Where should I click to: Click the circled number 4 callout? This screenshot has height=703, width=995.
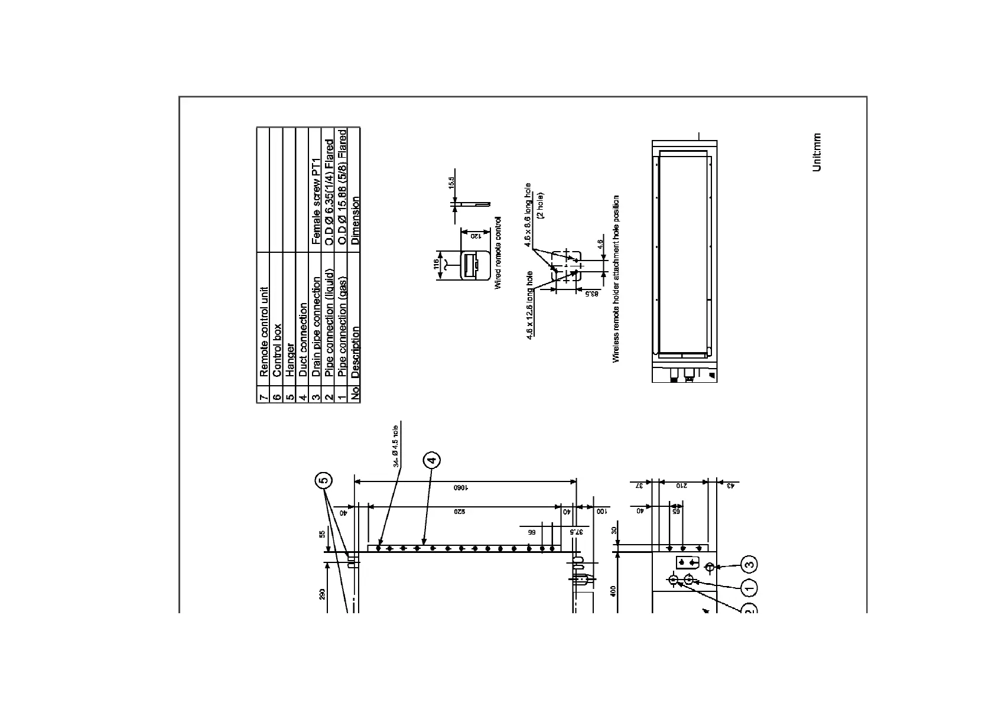pyautogui.click(x=431, y=460)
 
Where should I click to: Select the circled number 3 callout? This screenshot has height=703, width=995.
pyautogui.click(x=749, y=565)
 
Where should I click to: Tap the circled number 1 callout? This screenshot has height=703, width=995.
pyautogui.click(x=749, y=588)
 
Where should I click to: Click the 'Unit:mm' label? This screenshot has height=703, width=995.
pyautogui.click(x=817, y=152)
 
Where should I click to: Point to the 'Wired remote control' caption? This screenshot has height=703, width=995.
pyautogui.click(x=497, y=252)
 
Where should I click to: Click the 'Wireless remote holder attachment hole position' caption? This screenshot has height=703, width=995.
pyautogui.click(x=616, y=279)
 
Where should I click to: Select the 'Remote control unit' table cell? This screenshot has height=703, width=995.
pyautogui.click(x=264, y=332)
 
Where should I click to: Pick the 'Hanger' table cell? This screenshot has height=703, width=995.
pyautogui.click(x=290, y=360)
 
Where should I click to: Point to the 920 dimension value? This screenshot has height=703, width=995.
pyautogui.click(x=460, y=512)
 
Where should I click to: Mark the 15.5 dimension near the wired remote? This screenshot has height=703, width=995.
pyautogui.click(x=452, y=183)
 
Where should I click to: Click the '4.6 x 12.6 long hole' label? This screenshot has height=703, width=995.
pyautogui.click(x=530, y=305)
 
